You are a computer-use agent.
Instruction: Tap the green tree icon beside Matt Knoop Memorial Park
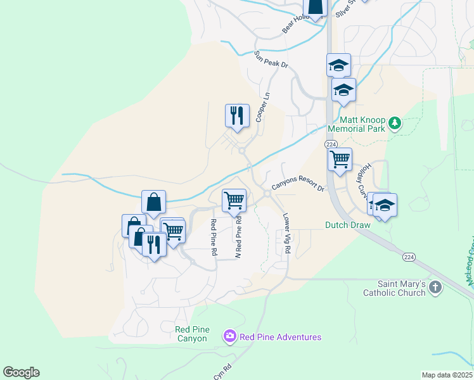click(x=395, y=122)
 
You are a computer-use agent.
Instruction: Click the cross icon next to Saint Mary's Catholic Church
click(x=435, y=288)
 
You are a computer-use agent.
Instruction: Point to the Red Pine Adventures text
click(x=280, y=337)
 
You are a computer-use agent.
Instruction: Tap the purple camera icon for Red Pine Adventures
click(x=229, y=336)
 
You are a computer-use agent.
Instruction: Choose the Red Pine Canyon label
click(x=191, y=334)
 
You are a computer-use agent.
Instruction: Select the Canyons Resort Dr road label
click(x=298, y=187)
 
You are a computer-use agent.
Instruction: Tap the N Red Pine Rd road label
click(x=239, y=237)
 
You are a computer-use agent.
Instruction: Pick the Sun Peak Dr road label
click(x=271, y=60)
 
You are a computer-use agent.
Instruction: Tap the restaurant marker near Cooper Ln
click(x=237, y=116)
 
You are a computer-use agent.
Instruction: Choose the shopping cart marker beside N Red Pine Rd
click(x=234, y=201)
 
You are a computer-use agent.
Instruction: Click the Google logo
click(x=21, y=372)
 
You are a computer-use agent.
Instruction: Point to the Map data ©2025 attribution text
click(x=447, y=375)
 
